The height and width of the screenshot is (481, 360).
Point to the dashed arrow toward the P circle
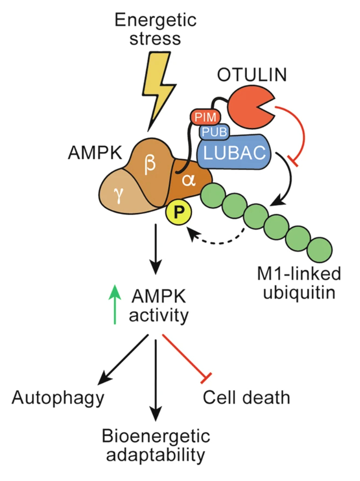click(x=217, y=237)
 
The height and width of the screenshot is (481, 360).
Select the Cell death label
click(x=246, y=397)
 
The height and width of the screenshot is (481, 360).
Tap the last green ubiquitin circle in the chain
click(x=320, y=250)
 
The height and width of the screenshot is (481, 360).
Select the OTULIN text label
click(x=252, y=74)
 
